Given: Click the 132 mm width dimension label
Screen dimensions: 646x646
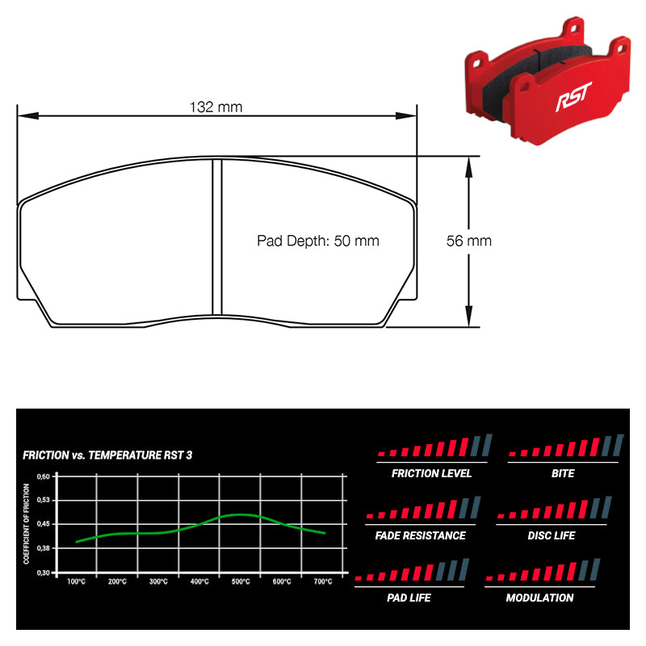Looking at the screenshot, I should point(216,107).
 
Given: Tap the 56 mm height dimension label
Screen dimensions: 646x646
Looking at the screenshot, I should point(468,241).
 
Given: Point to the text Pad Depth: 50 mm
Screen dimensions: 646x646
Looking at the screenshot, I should point(317,241).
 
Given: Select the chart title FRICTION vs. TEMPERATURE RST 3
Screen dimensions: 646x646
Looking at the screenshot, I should point(107,455).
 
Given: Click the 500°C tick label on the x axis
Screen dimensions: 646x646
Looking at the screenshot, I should point(240,581).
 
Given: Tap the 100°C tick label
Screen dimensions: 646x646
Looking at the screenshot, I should point(77,581).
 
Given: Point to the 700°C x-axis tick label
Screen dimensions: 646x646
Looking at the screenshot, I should point(322,581).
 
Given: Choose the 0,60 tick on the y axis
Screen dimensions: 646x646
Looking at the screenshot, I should point(44,476).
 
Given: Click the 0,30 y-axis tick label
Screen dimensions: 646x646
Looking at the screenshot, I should point(44,573).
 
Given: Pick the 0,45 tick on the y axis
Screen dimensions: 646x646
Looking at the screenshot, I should point(44,524).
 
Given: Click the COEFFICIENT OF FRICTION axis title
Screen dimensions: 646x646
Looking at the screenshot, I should point(27,523).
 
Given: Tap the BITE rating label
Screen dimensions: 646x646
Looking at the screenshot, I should point(563,473).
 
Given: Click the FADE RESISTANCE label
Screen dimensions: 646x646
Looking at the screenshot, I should point(420,535).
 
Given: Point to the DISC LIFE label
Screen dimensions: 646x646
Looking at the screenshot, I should point(552,535).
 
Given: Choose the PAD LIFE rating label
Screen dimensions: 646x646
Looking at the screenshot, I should point(409,598).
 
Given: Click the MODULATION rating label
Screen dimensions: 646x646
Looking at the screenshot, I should point(539,598).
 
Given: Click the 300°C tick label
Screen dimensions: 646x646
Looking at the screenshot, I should point(158,581).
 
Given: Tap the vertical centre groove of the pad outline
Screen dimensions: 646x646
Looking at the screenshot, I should point(216,238).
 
